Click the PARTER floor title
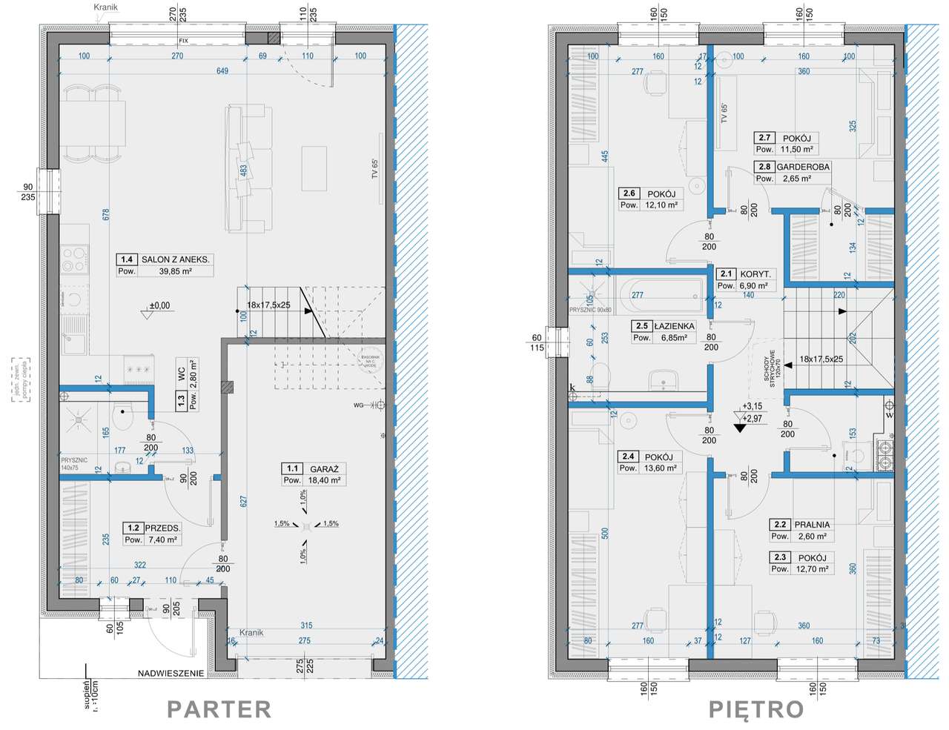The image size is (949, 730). pos(219,709)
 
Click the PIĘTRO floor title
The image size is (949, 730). pos(755,709)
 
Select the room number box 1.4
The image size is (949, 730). pos(127,259)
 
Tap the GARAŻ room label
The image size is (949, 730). pos(324,468)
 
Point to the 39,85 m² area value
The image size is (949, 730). pos(175,271)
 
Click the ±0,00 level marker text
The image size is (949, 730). pos(159,305)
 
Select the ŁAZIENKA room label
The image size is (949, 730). pos(674,326)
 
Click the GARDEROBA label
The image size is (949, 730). pos(803,167)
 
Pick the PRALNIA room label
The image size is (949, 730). pos(812,525)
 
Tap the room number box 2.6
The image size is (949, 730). pos(629,193)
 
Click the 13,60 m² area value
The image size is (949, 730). pos(661,468)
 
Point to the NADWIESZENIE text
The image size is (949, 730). pos(171,674)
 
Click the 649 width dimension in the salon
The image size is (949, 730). pos(222,71)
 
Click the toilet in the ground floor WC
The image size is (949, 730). pos(122,415)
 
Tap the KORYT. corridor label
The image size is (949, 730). pos(755,274)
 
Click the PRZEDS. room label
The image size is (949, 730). pos(162,528)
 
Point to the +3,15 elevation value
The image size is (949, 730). pos(752,406)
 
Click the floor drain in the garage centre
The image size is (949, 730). pos(305,525)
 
